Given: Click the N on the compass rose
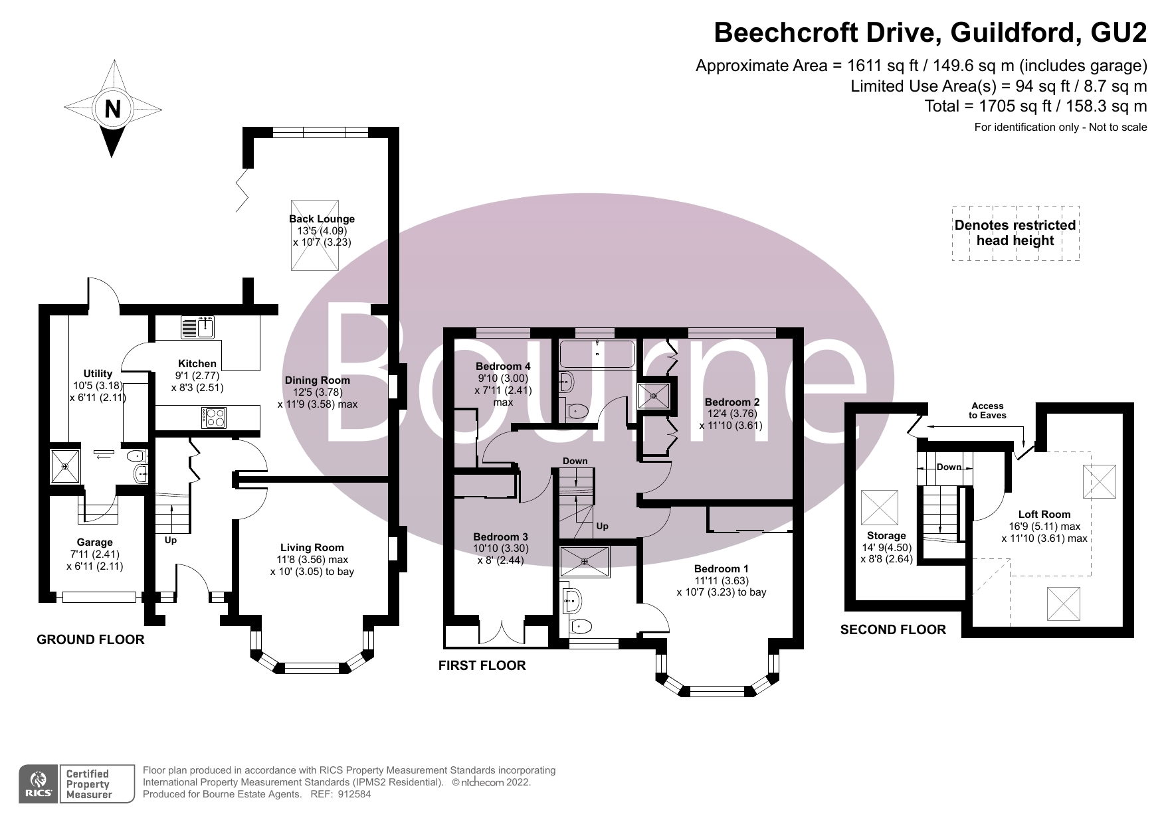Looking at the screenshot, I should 113,108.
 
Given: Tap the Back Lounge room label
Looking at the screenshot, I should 322,219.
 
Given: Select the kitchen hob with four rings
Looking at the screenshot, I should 215,418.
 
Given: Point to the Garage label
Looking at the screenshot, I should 94,542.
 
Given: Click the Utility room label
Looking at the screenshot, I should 98,374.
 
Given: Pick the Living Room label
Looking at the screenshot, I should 312,548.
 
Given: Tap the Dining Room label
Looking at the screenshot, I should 317,380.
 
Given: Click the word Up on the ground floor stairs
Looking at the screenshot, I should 171,540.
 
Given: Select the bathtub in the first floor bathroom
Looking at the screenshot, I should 597,354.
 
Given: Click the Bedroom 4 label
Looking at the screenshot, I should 503,367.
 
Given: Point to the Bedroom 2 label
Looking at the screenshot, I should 731,402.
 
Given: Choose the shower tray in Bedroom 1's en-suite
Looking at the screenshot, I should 585,561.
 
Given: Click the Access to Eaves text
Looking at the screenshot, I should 987,410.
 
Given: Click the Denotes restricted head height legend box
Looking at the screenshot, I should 1015,233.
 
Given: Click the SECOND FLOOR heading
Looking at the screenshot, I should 892,629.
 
